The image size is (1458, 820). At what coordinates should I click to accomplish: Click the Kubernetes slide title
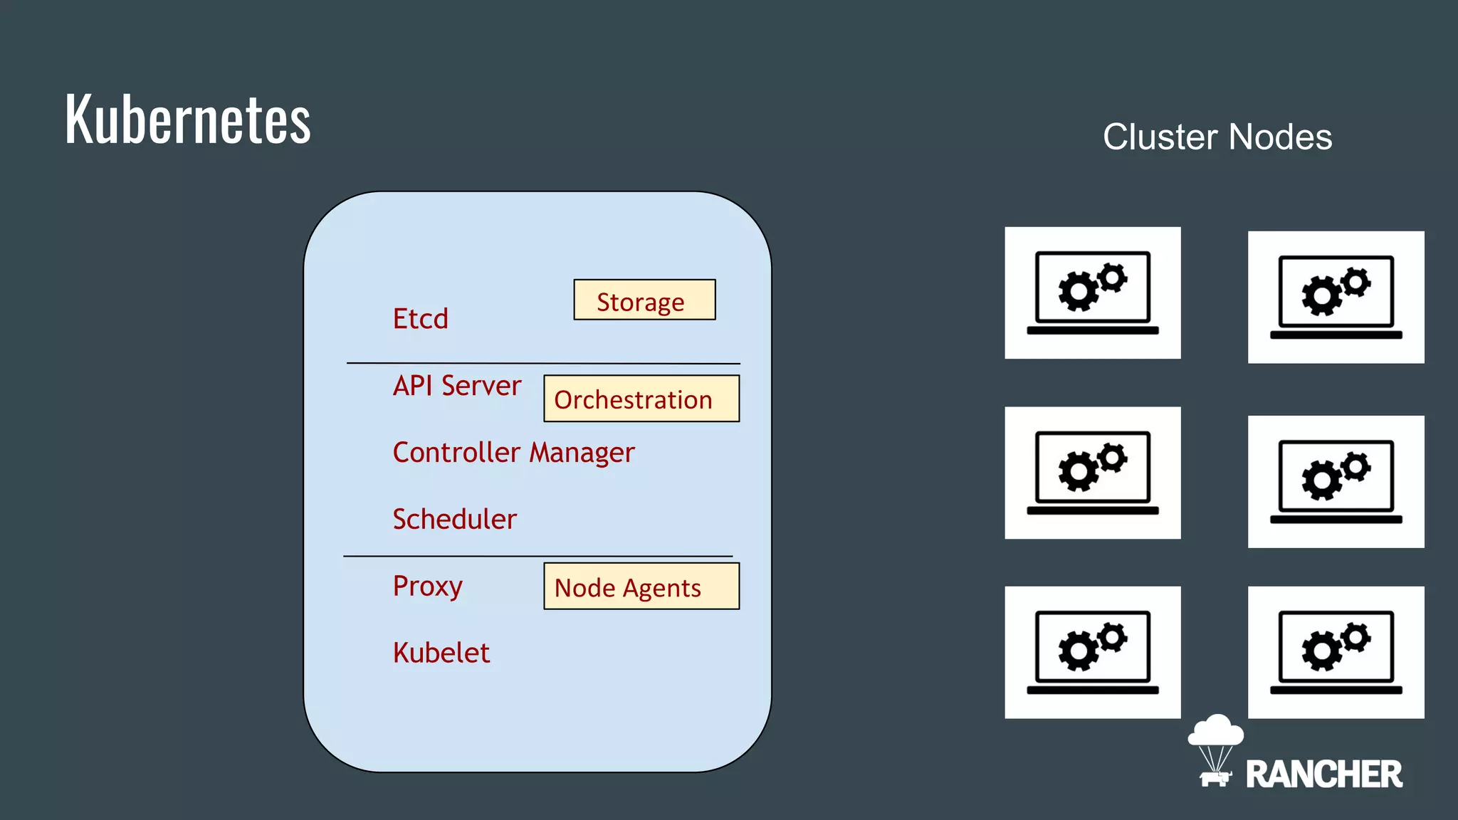click(x=188, y=119)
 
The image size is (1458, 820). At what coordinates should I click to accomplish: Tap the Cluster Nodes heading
click(x=1217, y=137)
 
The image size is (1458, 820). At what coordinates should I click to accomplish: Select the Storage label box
click(x=644, y=300)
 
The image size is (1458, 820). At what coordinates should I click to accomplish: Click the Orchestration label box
click(x=641, y=399)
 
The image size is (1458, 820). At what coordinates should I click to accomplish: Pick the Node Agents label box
click(x=641, y=587)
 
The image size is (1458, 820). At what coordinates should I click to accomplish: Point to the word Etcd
click(x=420, y=318)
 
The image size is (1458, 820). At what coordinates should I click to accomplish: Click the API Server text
click(x=457, y=385)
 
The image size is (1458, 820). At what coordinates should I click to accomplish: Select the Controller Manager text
click(x=513, y=453)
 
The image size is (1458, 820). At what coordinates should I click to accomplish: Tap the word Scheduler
click(x=454, y=519)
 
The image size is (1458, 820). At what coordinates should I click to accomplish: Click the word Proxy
click(x=427, y=586)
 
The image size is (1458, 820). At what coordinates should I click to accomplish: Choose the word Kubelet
click(x=441, y=653)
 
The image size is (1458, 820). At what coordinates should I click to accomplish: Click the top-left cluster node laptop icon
click(x=1092, y=293)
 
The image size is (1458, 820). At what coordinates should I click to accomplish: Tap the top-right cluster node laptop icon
click(x=1336, y=297)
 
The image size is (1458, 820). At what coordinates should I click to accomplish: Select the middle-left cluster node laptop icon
click(x=1092, y=473)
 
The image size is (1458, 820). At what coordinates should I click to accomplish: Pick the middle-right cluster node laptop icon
click(x=1336, y=482)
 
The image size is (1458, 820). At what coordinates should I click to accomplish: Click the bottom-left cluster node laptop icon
click(x=1092, y=652)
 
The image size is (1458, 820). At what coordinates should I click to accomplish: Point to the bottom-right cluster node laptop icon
click(x=1336, y=652)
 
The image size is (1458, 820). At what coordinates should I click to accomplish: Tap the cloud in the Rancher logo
click(x=1216, y=731)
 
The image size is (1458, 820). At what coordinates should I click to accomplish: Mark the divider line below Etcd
click(x=542, y=363)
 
